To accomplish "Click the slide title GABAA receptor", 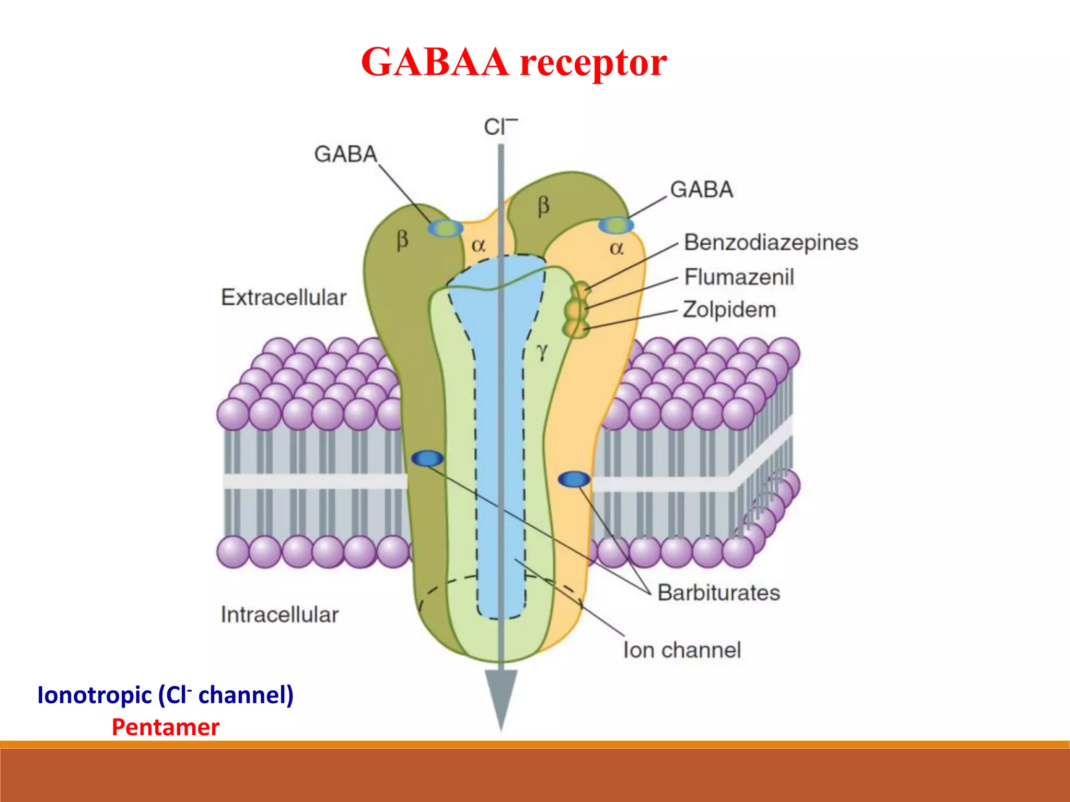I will (514, 62).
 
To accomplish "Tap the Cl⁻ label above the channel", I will (500, 127).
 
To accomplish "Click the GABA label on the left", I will (345, 154).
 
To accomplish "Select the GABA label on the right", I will (701, 190).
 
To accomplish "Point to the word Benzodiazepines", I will (771, 243).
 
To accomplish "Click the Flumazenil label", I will (739, 277).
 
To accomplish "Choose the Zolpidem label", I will (729, 310).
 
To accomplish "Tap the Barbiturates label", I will (718, 593).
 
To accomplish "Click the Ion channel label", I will (682, 650).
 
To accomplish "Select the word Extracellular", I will (284, 298).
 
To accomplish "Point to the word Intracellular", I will (280, 615).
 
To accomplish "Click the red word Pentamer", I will (166, 727).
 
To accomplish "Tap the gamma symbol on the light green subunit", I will (542, 352).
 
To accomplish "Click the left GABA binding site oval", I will (445, 228).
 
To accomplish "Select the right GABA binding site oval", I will (615, 226).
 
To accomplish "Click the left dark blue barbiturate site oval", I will (427, 458).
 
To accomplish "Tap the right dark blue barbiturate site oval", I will (574, 479).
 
